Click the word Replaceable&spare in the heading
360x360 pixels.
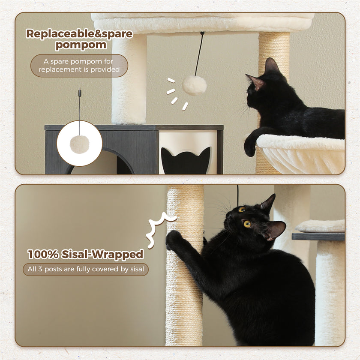[x=79, y=34]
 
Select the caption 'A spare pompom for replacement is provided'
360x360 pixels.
[x=79, y=66]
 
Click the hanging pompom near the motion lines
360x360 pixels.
[x=194, y=85]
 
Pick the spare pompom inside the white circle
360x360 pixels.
[x=79, y=144]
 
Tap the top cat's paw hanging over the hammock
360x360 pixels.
[x=250, y=147]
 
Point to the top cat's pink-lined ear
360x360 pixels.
[x=256, y=82]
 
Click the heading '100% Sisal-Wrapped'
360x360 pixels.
[x=85, y=254]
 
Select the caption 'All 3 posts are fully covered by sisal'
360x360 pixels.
[x=85, y=269]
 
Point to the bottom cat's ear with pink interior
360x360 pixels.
[x=275, y=230]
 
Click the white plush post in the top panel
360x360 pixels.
[x=129, y=81]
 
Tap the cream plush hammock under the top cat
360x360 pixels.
[x=300, y=154]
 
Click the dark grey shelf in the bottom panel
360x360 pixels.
[x=318, y=237]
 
